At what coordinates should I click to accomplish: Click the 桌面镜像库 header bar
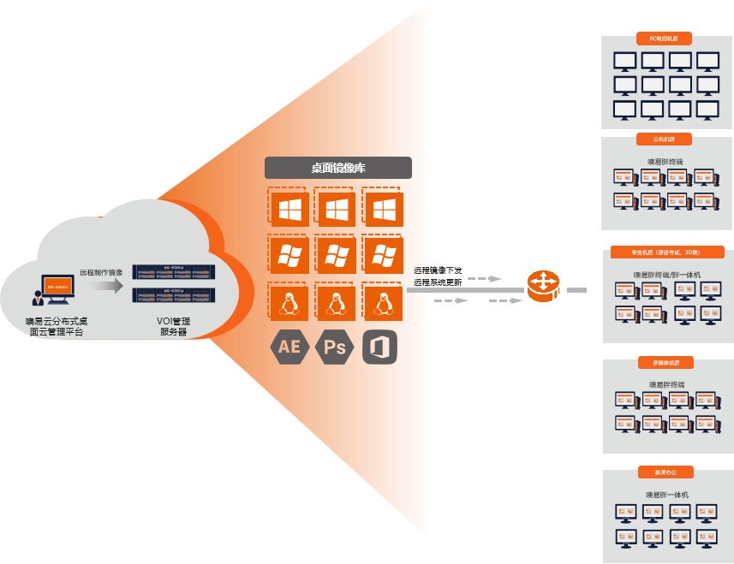(337, 168)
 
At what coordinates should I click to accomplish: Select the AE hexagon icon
(289, 347)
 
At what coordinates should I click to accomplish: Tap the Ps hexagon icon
(335, 347)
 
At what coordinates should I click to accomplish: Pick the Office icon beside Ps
(380, 347)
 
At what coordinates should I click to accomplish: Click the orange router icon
(542, 286)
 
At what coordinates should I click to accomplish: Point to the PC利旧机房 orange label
(665, 39)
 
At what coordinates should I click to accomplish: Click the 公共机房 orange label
(665, 139)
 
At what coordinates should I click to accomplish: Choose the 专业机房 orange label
(665, 252)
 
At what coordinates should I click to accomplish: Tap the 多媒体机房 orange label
(665, 362)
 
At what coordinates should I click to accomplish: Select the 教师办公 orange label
(665, 472)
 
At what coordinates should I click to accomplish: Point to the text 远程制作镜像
(101, 272)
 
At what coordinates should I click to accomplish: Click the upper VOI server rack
(174, 271)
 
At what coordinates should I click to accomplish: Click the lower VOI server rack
(174, 294)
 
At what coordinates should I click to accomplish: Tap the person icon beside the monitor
(38, 297)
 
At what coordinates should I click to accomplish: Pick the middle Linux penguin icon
(335, 301)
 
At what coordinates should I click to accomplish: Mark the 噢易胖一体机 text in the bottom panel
(666, 495)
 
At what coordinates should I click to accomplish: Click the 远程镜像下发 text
(438, 270)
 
